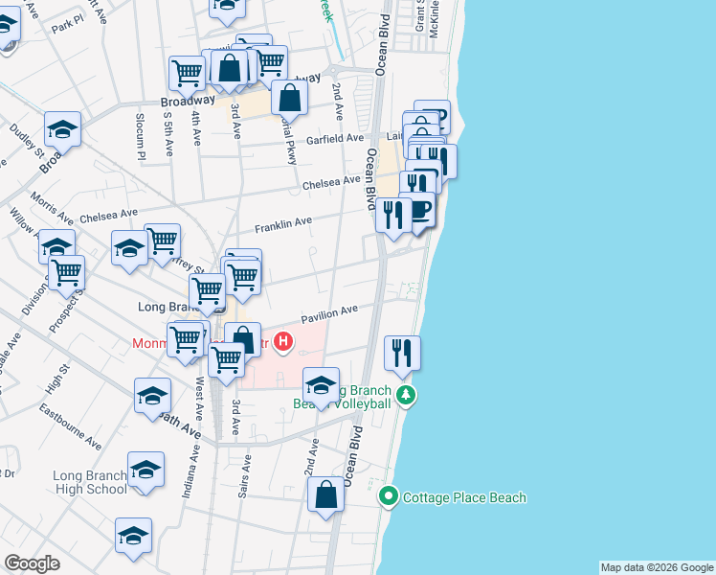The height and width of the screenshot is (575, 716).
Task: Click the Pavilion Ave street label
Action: click(329, 312)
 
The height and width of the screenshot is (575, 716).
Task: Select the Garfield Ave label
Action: click(335, 140)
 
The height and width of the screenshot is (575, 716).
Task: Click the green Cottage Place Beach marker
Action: click(389, 496)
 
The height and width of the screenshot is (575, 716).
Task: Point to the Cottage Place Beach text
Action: click(464, 497)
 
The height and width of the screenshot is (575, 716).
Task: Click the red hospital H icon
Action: click(283, 340)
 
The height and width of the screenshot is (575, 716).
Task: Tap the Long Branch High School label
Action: click(90, 482)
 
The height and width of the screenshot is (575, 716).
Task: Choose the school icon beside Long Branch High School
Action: click(146, 471)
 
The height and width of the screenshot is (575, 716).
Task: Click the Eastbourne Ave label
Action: click(71, 425)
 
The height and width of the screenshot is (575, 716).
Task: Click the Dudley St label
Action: click(27, 140)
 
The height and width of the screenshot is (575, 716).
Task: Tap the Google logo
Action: click(32, 563)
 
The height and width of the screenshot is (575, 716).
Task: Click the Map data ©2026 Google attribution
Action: click(657, 567)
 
